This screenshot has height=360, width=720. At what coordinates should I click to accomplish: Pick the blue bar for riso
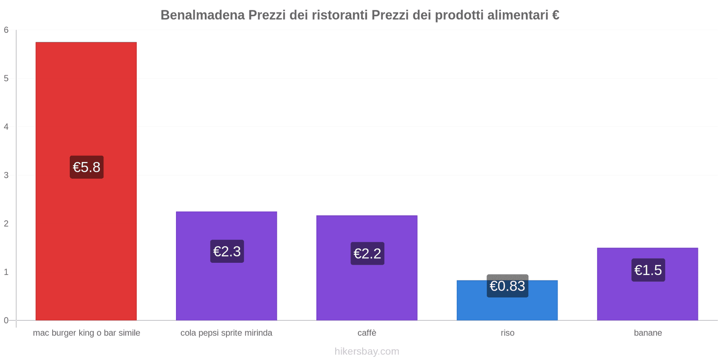507,308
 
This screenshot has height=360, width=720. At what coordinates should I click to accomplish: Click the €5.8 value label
86,167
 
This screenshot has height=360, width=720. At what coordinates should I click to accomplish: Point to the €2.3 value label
227,252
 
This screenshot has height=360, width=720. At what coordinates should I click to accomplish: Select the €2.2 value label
367,254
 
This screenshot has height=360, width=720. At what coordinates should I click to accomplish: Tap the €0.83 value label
507,286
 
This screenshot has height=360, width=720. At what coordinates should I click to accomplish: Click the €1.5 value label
648,270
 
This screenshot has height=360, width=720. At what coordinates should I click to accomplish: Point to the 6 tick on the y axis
6,30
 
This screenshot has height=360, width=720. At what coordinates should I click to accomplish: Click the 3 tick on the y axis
6,175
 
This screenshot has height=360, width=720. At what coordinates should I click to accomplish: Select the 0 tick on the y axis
6,320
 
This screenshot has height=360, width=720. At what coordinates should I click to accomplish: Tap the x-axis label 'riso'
507,333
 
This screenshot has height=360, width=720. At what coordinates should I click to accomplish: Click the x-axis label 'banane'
648,333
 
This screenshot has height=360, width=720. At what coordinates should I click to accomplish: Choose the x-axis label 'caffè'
367,333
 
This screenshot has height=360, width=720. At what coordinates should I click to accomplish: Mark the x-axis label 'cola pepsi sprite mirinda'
226,333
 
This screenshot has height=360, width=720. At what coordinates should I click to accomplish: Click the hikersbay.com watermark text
367,351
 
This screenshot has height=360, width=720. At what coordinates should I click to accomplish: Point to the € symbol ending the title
555,15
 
